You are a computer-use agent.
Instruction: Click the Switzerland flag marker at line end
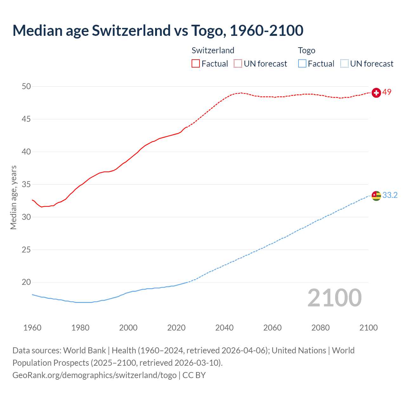(x=376, y=93)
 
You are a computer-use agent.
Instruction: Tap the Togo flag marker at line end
(x=376, y=196)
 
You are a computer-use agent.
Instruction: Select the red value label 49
(x=387, y=92)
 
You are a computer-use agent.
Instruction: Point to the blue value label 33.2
(x=390, y=195)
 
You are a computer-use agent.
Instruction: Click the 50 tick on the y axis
(x=27, y=87)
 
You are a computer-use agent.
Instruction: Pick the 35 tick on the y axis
(x=27, y=185)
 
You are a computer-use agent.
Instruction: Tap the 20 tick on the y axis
(x=27, y=282)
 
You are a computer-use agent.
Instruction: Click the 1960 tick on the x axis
(x=32, y=328)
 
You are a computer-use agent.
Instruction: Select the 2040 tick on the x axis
(x=224, y=328)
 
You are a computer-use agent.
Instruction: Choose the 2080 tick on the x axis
(x=320, y=328)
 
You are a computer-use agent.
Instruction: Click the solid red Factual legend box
(x=196, y=64)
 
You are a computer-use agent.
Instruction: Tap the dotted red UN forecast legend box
(x=238, y=64)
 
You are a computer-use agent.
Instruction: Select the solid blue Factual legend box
(x=302, y=64)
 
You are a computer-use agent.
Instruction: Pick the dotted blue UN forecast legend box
(x=344, y=64)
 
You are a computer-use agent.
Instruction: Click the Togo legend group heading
(x=306, y=50)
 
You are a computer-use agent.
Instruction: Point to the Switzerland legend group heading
(x=213, y=50)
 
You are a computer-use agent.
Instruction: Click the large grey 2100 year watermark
(x=335, y=298)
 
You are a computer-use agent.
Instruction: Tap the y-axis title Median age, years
(x=13, y=197)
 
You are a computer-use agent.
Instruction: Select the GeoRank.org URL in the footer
(x=95, y=375)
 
